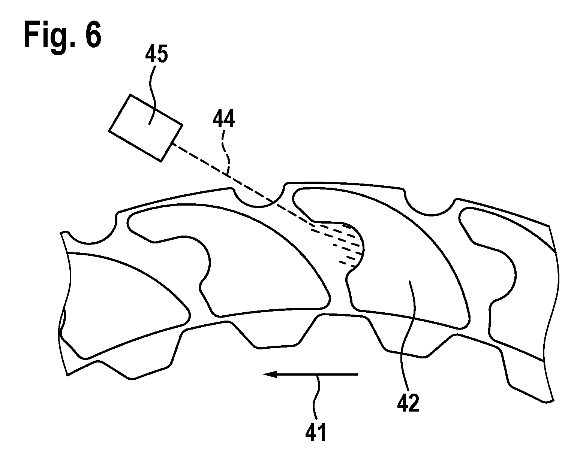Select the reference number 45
tap(156, 54)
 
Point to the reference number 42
tap(408, 402)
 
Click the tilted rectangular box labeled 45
tap(146, 128)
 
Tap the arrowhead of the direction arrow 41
tap(270, 374)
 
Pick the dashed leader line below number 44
tap(226, 152)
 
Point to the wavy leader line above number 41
tap(317, 398)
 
